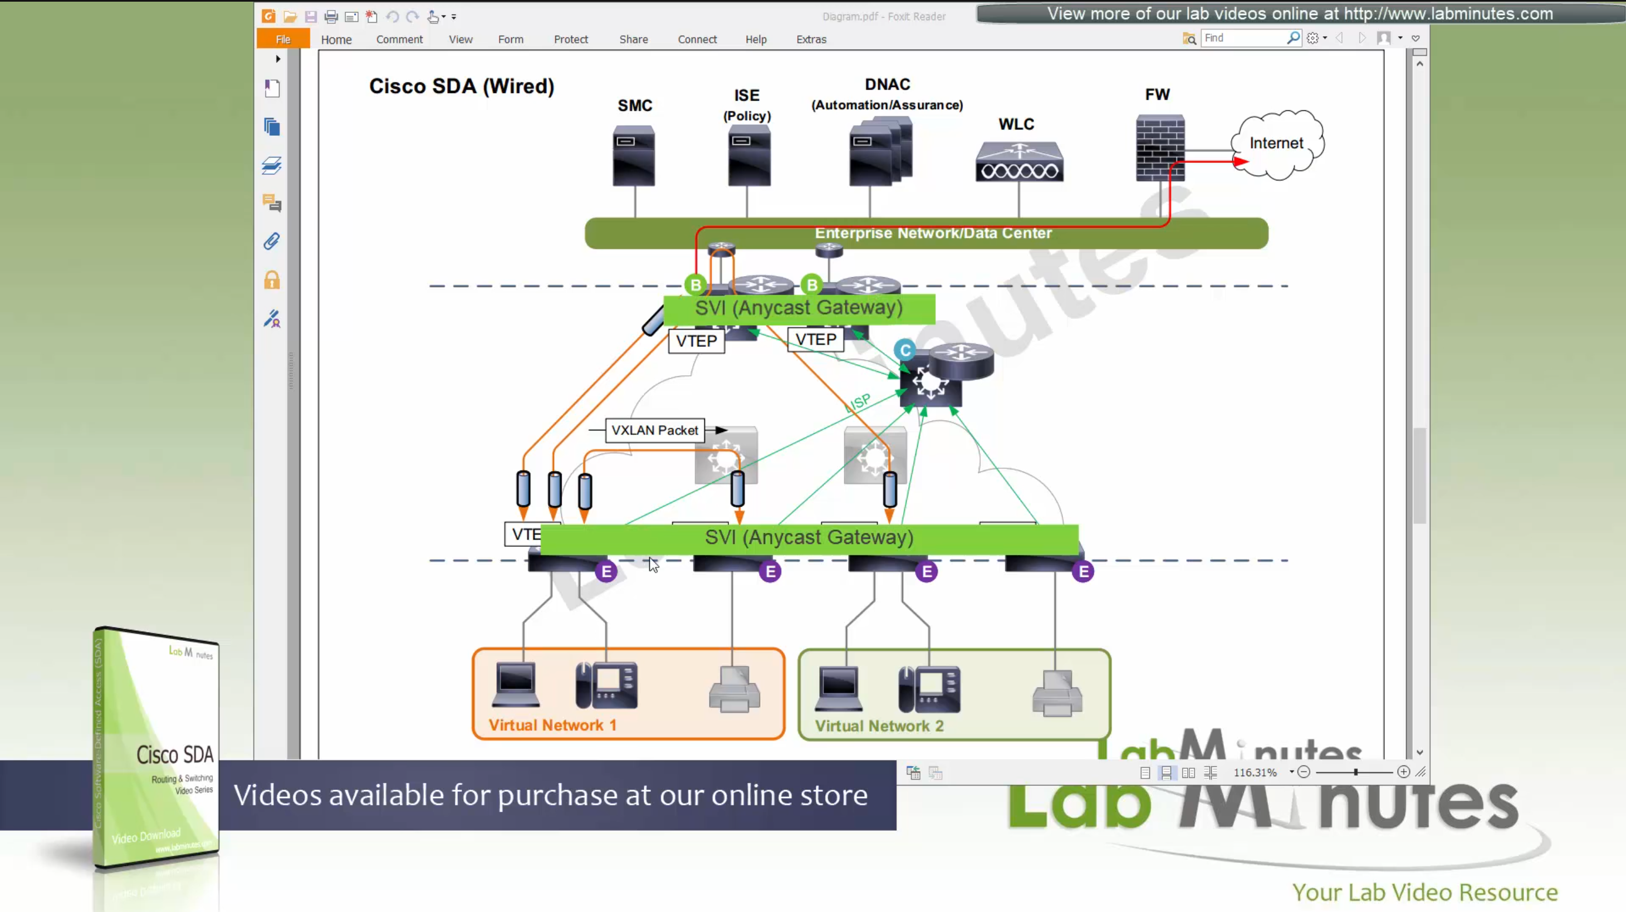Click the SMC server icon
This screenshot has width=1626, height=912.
click(x=634, y=155)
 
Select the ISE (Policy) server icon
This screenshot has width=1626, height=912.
click(x=748, y=155)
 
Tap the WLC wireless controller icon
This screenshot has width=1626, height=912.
click(x=1019, y=163)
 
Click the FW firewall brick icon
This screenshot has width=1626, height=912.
click(x=1159, y=148)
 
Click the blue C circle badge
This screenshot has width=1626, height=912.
click(x=904, y=350)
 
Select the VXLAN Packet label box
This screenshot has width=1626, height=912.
click(x=654, y=430)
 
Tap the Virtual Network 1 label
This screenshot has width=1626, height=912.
click(x=552, y=725)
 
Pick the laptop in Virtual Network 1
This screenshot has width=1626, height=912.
click(x=516, y=685)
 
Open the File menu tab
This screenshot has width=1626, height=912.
click(x=283, y=39)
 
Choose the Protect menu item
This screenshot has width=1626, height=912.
click(x=571, y=39)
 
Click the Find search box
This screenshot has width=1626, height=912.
click(x=1243, y=38)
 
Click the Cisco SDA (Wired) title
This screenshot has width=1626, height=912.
click(x=462, y=86)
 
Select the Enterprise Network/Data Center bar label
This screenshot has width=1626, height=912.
click(x=933, y=233)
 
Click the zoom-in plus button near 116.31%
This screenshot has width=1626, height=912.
click(x=1403, y=772)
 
